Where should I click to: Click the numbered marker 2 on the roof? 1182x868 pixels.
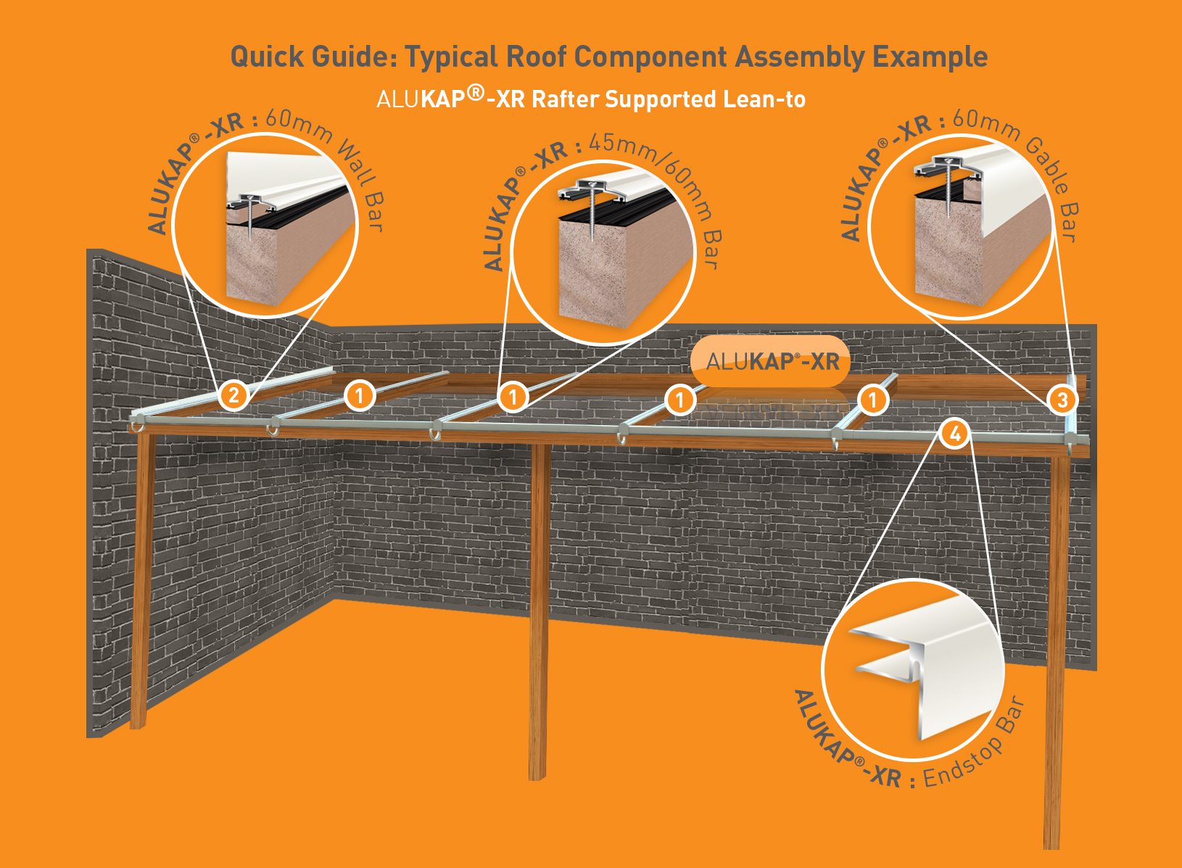[233, 396]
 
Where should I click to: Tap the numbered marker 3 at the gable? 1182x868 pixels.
[1062, 400]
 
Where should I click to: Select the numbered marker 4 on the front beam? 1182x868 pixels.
[955, 434]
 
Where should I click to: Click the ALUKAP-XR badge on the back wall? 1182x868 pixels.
[772, 361]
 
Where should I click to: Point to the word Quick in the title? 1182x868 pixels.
[264, 57]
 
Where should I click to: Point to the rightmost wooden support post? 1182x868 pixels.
[1054, 653]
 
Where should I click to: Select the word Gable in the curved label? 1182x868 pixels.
[1048, 165]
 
